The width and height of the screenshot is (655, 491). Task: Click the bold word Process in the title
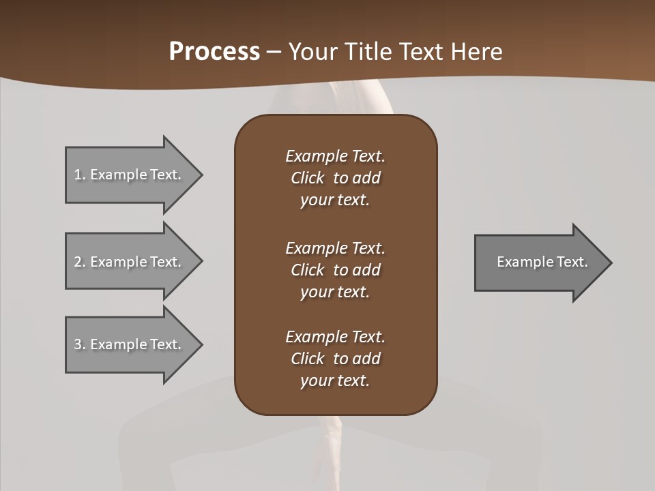(214, 52)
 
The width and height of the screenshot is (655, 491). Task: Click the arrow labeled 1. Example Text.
(130, 175)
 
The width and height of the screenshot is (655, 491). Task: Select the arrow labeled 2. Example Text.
(130, 262)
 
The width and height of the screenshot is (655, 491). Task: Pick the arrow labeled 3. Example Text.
(130, 344)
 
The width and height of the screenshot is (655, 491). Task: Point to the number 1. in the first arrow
(79, 175)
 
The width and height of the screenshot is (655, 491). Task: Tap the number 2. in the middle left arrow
(79, 262)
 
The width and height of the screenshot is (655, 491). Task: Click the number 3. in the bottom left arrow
(79, 344)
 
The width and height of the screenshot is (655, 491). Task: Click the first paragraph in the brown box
(335, 178)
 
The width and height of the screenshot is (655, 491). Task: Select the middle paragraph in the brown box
(335, 269)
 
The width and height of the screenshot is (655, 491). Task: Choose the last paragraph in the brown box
(335, 359)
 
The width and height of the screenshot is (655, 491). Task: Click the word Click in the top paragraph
(307, 178)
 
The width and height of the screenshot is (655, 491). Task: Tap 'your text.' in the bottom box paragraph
(335, 381)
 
